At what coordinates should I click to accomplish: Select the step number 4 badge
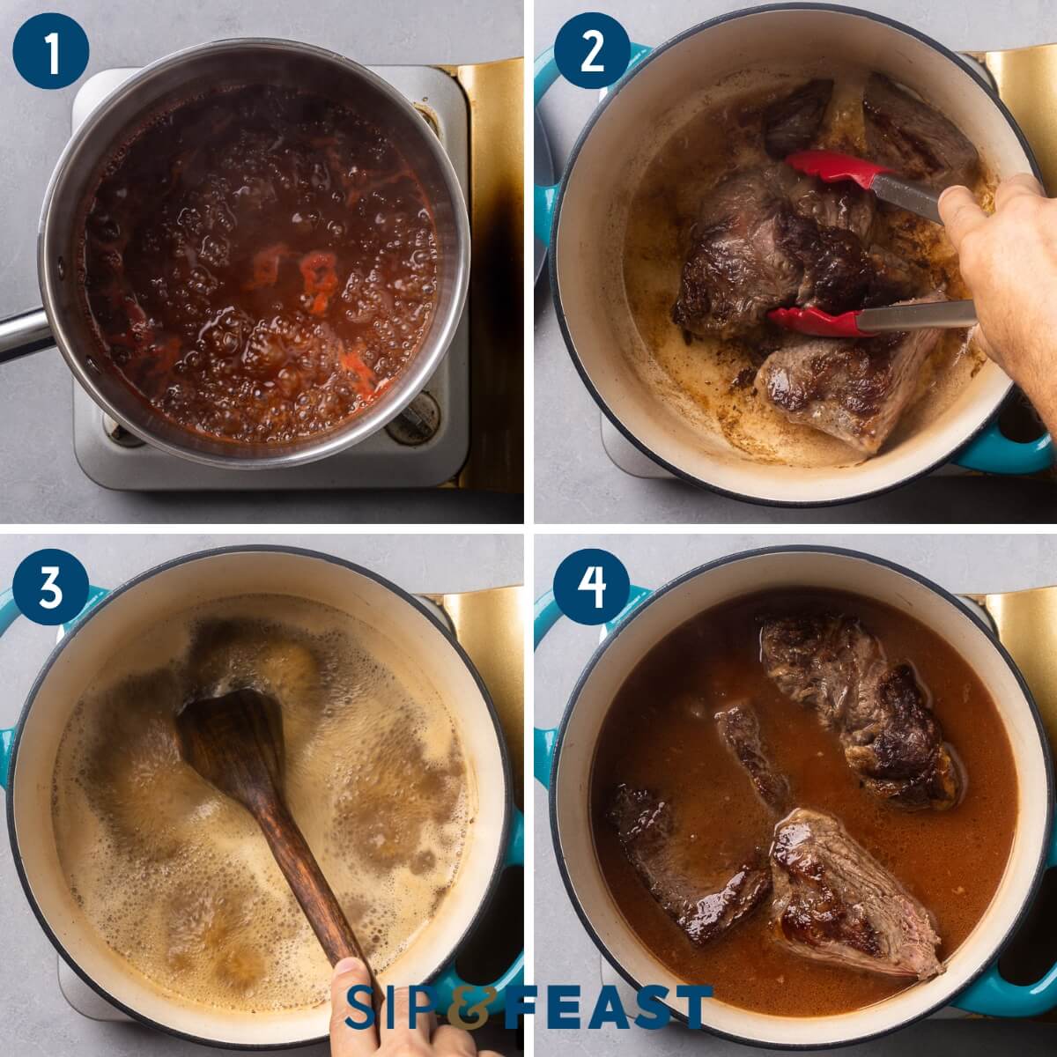click(x=591, y=588)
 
